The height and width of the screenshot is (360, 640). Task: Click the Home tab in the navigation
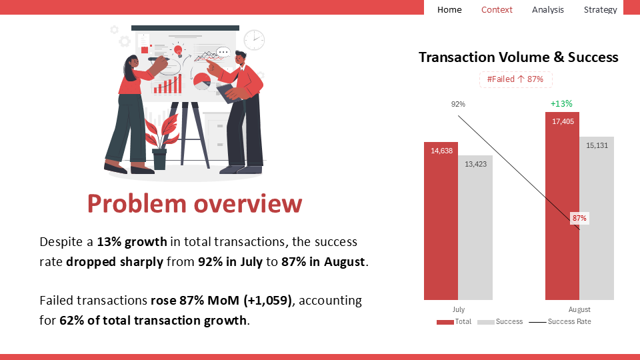coord(449,9)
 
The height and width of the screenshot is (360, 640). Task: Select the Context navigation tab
coord(496,9)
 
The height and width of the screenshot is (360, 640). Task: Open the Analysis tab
coord(548,9)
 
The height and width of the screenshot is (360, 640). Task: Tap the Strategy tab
coord(600,9)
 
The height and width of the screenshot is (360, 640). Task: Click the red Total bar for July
coord(441,221)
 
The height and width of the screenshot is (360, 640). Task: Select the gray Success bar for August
coord(597,219)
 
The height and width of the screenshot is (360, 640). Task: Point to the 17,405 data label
coord(563,121)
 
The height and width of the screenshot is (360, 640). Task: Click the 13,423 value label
coord(475,164)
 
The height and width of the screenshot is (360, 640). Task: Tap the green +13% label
coord(561,104)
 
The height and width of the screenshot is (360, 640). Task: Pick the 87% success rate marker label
coord(579,218)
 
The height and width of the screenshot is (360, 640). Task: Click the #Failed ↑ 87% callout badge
coord(515,79)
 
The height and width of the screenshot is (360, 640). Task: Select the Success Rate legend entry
coord(560,321)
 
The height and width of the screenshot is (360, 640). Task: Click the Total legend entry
coord(454,321)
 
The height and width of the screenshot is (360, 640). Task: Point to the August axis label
coord(579,309)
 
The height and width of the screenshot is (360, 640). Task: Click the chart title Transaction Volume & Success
coord(519,57)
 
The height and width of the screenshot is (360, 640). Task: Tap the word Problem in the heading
coord(137,203)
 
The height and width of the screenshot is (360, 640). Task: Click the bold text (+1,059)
coord(268,301)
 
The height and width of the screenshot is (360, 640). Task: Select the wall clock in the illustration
coord(254,40)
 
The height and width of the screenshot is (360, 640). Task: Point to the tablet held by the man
coord(230,93)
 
